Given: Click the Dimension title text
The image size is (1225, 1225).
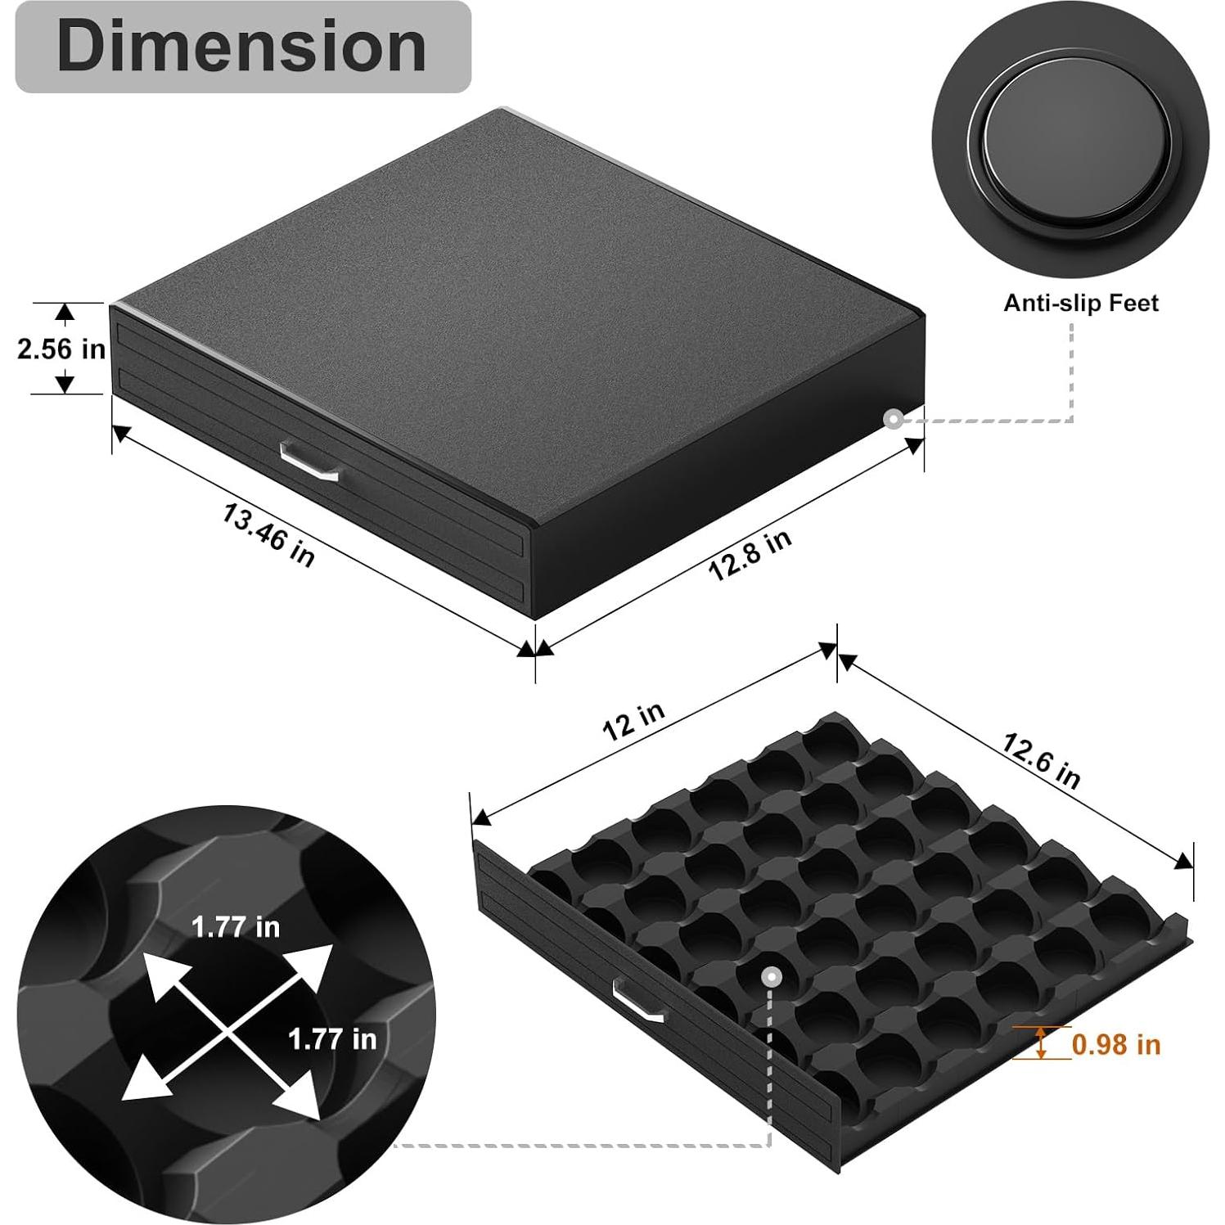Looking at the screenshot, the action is point(242,47).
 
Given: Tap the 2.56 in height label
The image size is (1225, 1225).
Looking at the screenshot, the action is point(61,349).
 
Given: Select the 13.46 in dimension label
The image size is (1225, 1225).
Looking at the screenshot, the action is point(268,535).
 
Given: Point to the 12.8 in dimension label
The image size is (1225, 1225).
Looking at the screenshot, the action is point(749,554).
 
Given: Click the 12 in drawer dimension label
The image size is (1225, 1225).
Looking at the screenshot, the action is point(633,720).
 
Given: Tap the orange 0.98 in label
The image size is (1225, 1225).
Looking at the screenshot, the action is point(1116,1044).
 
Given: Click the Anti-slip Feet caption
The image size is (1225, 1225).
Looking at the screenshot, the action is point(1081,303).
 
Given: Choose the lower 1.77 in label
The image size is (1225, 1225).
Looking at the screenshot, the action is point(332,1038).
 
